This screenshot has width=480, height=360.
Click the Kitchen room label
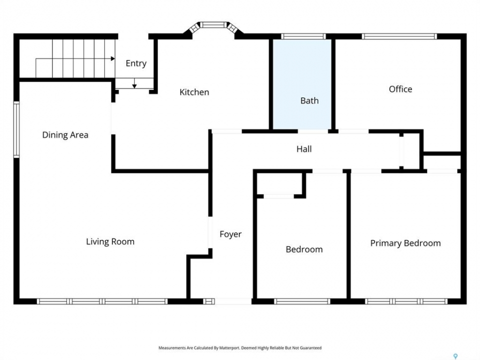(194, 92)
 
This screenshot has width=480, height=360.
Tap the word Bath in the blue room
(309, 100)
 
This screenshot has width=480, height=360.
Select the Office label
(400, 89)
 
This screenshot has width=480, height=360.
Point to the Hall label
(304, 149)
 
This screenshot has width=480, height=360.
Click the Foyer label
(230, 234)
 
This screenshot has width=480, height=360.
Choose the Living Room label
(110, 242)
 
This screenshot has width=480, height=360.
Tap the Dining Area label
(65, 135)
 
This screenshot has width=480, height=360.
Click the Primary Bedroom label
(405, 243)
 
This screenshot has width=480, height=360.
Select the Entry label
(136, 63)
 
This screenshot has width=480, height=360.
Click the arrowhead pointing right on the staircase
(113, 58)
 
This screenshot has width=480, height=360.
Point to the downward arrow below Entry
(134, 83)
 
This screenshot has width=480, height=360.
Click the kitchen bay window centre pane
(213, 25)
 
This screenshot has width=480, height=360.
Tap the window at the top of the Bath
(303, 36)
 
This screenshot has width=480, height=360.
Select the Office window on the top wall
(399, 36)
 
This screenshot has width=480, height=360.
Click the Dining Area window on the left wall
(16, 130)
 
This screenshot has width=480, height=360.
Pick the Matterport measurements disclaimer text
(240, 348)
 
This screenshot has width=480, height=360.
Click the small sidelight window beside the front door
(209, 301)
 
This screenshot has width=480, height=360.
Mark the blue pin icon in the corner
(455, 356)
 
